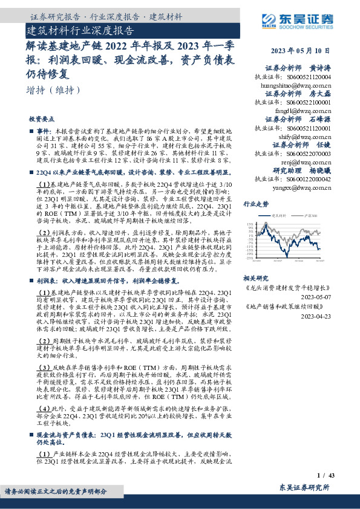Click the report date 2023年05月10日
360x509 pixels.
301,51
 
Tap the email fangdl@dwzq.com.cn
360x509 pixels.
299,111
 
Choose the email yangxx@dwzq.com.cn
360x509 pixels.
298,187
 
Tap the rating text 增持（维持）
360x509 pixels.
54,90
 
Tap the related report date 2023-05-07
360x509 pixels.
316,297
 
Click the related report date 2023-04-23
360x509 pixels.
316,316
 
